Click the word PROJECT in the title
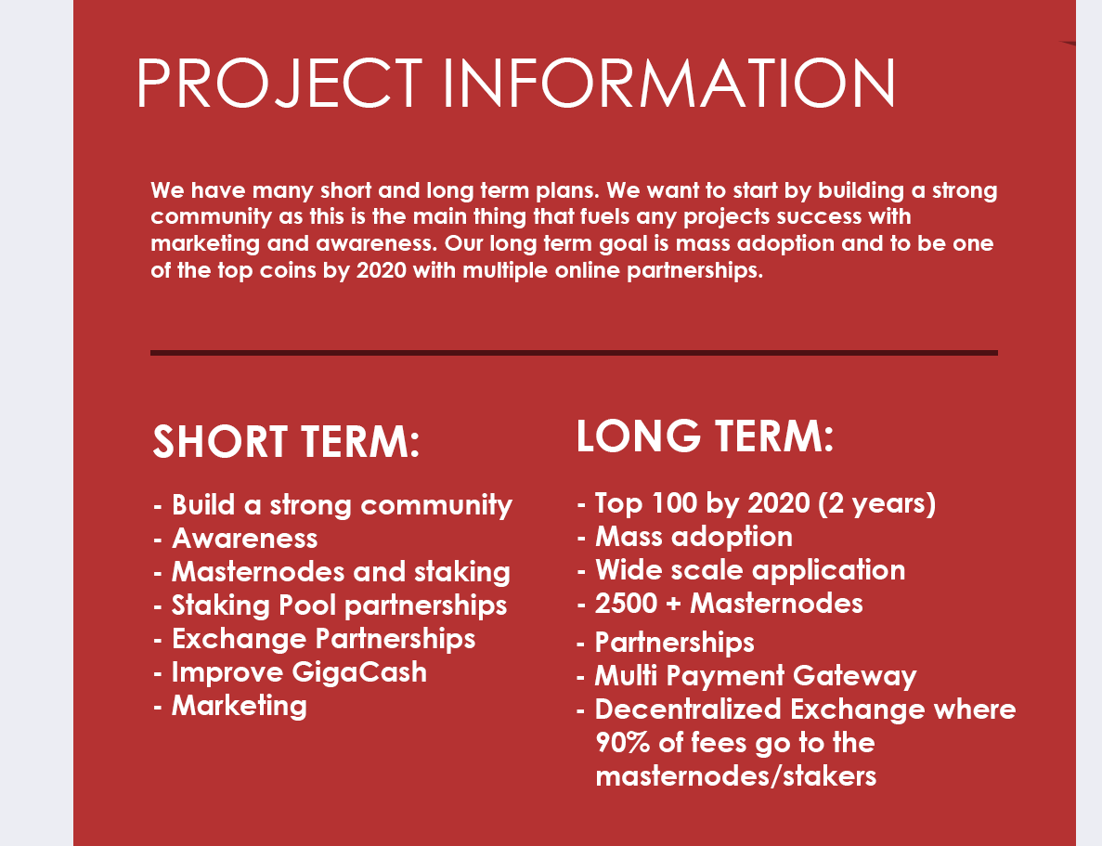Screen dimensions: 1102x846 point(279,83)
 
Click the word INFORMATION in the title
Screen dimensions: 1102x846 point(669,83)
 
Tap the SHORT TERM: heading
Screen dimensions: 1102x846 point(286,442)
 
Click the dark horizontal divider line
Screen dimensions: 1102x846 point(574,352)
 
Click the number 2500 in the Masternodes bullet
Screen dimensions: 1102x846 point(627,604)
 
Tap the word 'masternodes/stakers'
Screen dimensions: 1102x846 point(736,776)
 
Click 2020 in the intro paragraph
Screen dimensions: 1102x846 point(382,271)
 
